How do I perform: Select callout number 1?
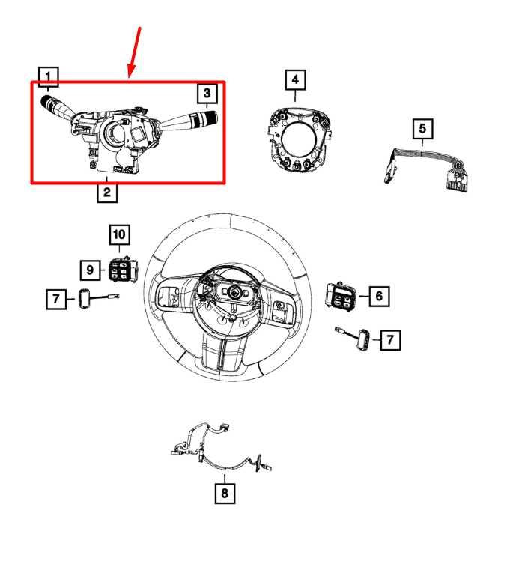(49, 76)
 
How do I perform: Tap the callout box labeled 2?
(106, 193)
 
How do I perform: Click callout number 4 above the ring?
(295, 78)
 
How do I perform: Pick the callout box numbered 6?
(378, 297)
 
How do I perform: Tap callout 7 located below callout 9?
(55, 300)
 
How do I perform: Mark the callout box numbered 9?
(90, 268)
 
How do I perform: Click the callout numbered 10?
(119, 234)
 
